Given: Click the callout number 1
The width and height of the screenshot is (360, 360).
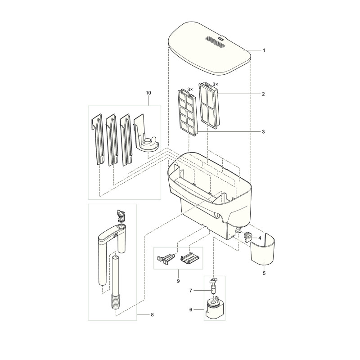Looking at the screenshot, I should (x=264, y=50).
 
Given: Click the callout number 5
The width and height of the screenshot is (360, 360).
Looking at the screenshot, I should (x=264, y=273).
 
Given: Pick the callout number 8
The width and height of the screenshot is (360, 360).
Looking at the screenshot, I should (x=152, y=315).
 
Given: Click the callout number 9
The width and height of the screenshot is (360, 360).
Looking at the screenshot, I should (x=178, y=281).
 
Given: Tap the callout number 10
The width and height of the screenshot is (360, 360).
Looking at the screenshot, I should (x=148, y=93).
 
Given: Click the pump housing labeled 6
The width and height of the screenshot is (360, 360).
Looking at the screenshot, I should (x=214, y=310).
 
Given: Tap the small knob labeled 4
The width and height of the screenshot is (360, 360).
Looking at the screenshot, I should (x=248, y=237).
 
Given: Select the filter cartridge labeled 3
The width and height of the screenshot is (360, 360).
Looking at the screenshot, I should (x=188, y=110).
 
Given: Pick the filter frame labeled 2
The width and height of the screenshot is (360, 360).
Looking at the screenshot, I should (x=209, y=104).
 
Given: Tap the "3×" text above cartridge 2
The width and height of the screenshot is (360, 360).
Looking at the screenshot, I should (x=215, y=84).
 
